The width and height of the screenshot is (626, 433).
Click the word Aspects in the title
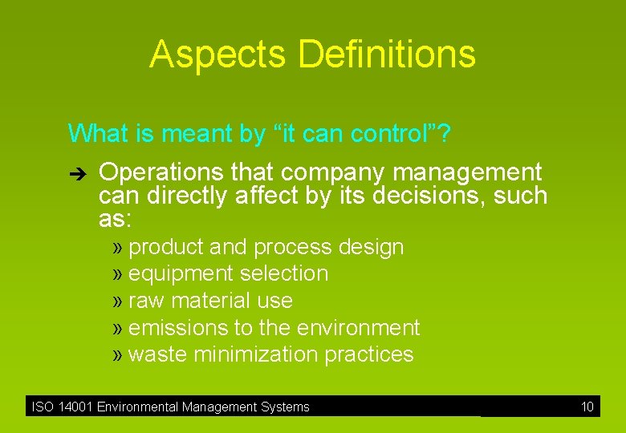(x=217, y=55)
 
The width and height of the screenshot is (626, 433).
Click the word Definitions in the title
(x=387, y=55)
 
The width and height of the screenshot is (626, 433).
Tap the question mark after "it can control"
(x=444, y=133)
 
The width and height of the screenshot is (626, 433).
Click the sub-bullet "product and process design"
(x=266, y=247)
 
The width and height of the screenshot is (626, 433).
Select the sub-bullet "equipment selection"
(x=228, y=273)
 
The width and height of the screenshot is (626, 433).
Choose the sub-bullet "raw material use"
(x=210, y=301)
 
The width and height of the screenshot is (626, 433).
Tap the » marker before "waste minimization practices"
(x=119, y=354)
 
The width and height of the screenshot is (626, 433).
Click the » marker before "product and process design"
(x=119, y=247)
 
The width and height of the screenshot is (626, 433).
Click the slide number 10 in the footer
(x=587, y=407)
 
